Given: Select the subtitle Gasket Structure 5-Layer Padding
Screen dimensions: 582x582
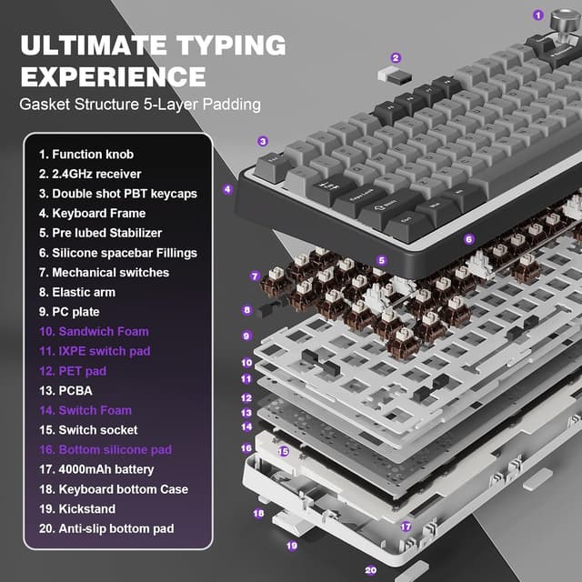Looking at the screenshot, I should tap(140, 104).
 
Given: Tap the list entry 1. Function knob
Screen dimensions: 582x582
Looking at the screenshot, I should tap(89, 155).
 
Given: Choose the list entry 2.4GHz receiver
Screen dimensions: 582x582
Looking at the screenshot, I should tap(95, 174).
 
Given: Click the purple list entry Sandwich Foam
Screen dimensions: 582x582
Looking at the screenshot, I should tap(93, 332).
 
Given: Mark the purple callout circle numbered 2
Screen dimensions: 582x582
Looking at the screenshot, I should tap(396, 57).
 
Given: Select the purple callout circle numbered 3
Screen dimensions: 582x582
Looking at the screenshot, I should tap(263, 141).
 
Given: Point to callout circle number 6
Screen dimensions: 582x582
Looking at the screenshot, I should tap(469, 239).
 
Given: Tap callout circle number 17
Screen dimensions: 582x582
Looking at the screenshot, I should tap(406, 527).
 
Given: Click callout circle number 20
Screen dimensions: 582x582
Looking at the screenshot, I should tap(370, 570).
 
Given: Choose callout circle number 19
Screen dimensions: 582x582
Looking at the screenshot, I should tap(292, 546).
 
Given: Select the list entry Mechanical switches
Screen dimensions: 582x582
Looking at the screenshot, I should tap(110, 273).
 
